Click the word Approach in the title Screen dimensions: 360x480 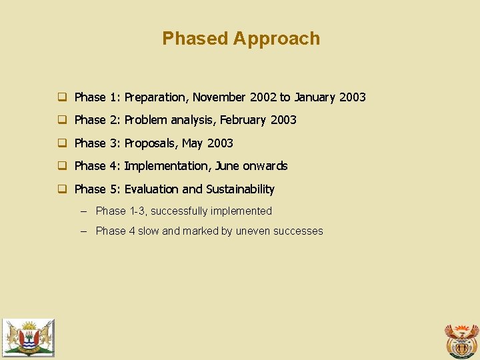[277, 39]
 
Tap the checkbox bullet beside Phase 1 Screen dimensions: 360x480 [61, 97]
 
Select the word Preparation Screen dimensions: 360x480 [157, 97]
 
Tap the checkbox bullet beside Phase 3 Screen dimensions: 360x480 [61, 143]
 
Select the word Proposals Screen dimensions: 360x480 [150, 143]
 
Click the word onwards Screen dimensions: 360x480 [265, 166]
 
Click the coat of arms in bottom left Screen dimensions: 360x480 [28, 337]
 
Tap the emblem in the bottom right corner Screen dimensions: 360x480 [461, 341]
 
